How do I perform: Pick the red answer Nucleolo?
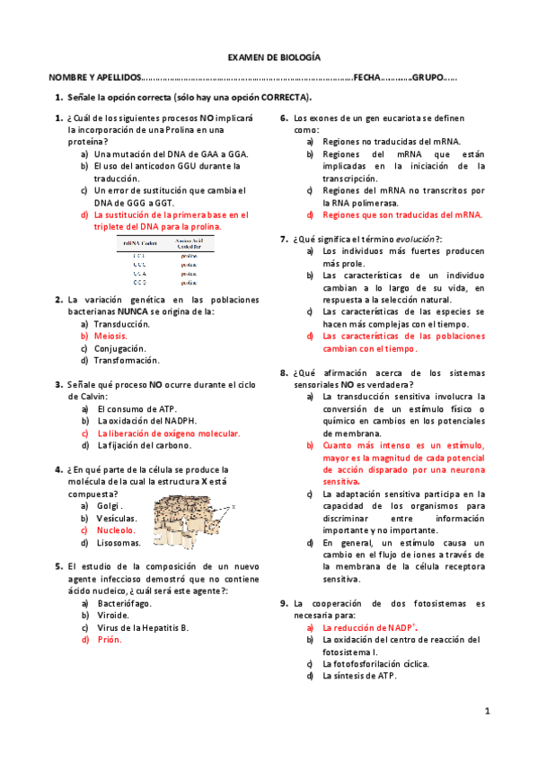[116, 530]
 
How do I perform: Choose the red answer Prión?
[110, 640]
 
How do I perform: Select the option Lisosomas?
[119, 543]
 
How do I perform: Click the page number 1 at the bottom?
[487, 712]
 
